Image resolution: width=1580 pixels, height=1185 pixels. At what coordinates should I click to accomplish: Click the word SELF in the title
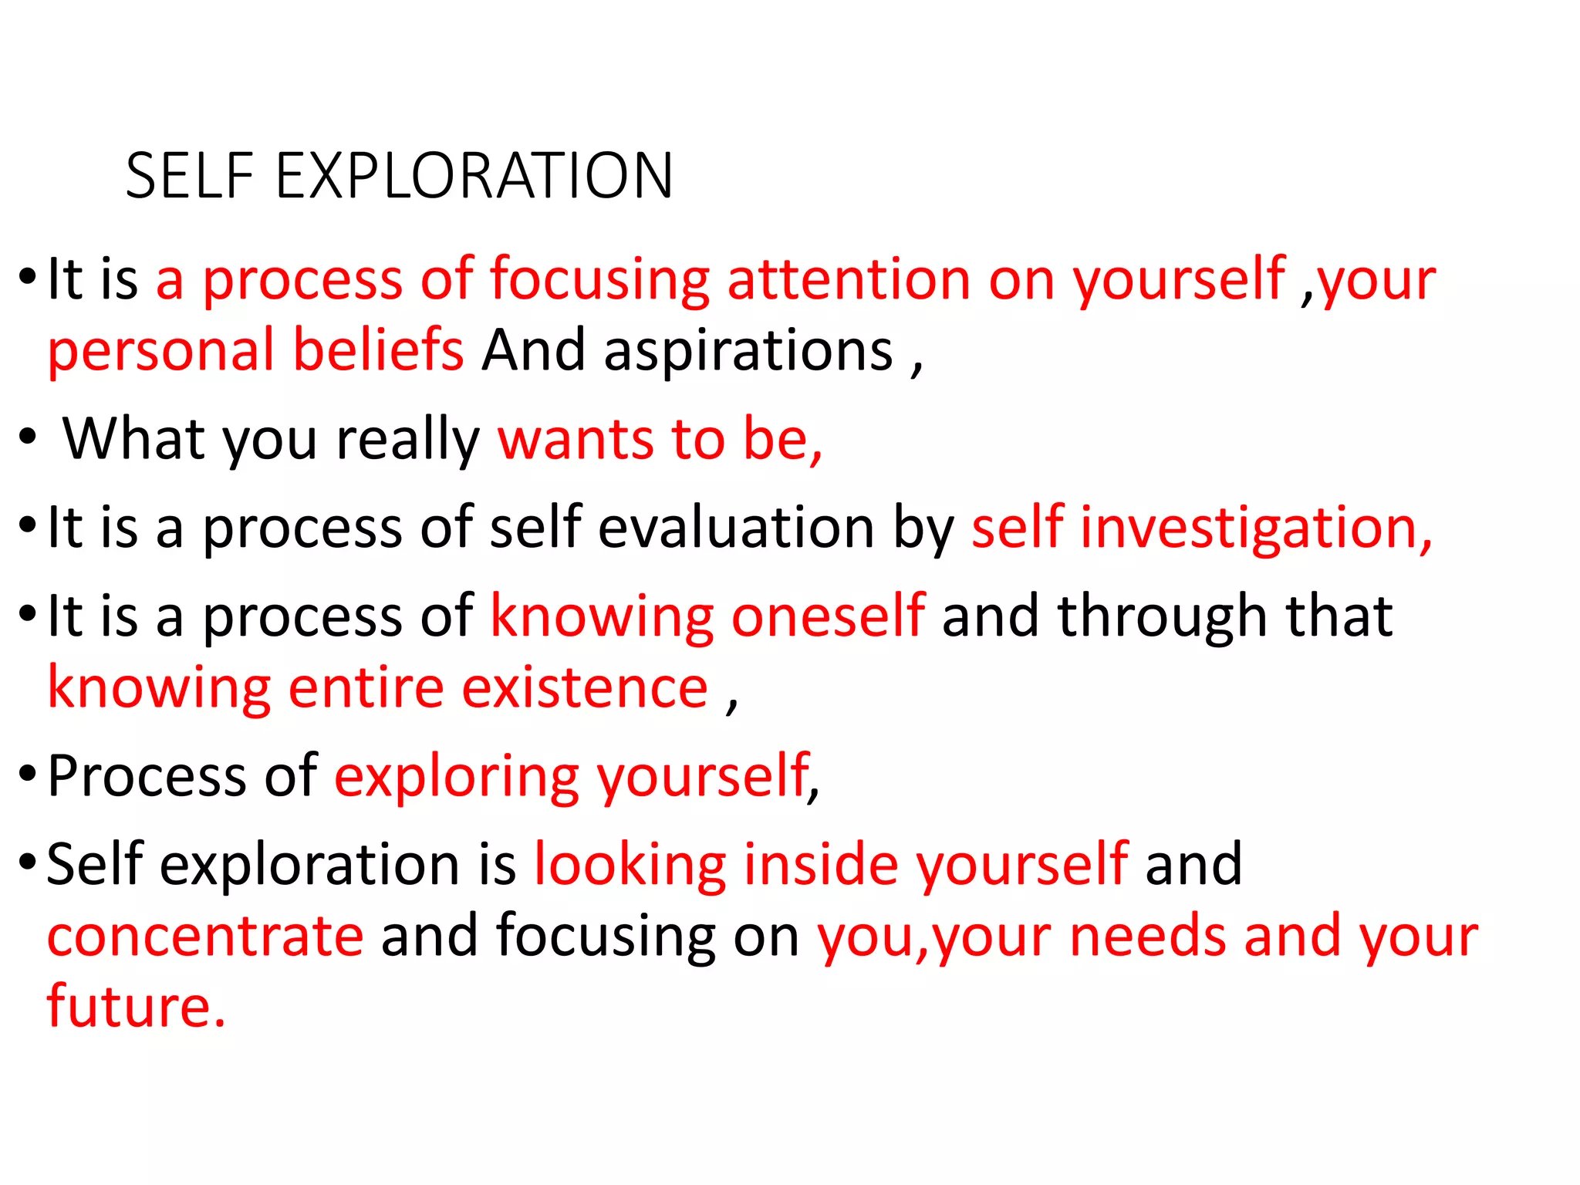click(189, 176)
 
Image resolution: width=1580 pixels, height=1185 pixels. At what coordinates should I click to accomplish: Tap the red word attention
click(849, 279)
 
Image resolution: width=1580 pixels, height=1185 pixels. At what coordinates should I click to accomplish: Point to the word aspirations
click(748, 351)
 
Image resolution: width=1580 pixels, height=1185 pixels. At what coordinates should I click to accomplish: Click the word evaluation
click(736, 528)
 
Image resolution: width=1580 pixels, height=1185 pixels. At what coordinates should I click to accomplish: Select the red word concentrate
click(205, 936)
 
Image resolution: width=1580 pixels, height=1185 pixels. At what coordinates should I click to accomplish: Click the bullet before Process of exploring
click(28, 773)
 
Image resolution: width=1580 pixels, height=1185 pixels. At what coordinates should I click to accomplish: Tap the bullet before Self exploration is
click(28, 861)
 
